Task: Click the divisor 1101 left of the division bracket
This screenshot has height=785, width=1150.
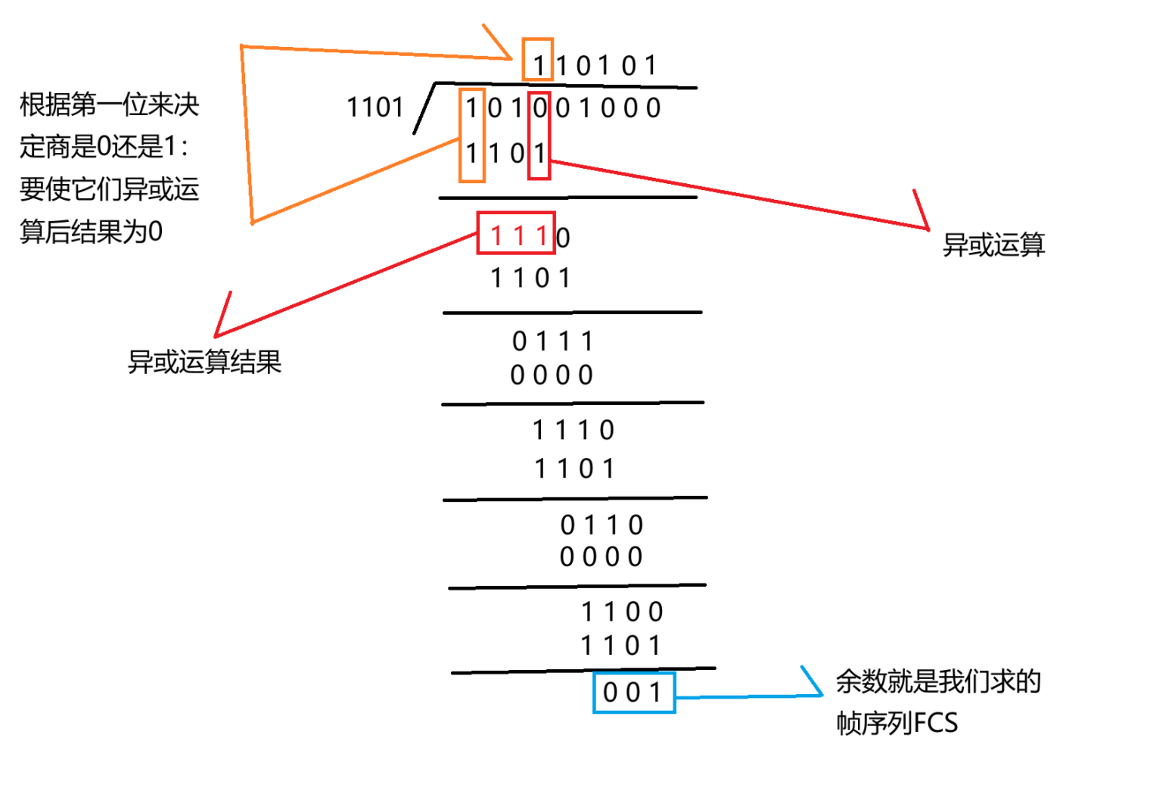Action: click(375, 107)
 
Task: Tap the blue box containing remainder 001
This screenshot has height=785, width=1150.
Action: click(634, 692)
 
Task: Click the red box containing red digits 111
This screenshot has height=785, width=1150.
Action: click(517, 233)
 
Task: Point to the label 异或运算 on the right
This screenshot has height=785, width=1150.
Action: click(993, 245)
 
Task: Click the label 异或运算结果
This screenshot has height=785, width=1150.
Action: click(204, 362)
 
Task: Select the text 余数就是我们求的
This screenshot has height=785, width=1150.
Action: click(938, 681)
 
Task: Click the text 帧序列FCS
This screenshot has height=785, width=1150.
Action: click(897, 723)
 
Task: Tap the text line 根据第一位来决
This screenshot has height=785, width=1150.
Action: click(109, 104)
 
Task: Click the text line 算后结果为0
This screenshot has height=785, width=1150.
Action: click(91, 232)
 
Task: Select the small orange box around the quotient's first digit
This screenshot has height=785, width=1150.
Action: click(538, 59)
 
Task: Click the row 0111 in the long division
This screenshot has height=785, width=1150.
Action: click(553, 341)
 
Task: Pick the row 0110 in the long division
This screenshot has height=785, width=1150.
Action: click(601, 525)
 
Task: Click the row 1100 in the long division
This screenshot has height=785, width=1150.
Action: click(622, 612)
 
